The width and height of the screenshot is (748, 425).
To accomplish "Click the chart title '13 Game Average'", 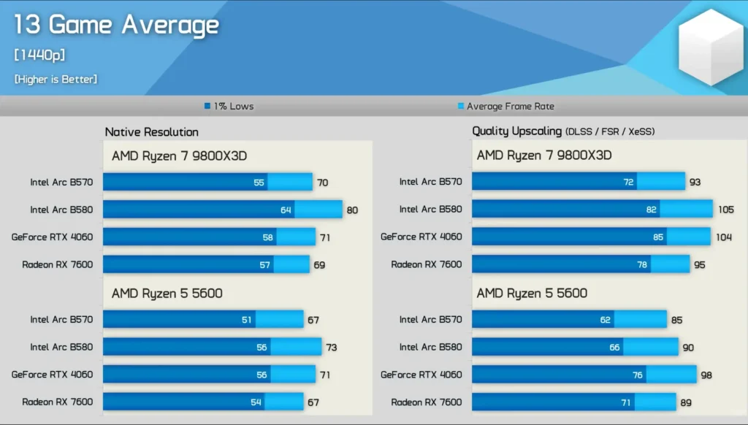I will pos(116,26).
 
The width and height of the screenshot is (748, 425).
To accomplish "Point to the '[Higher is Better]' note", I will pos(56,79).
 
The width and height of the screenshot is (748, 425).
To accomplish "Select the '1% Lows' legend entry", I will pos(229,106).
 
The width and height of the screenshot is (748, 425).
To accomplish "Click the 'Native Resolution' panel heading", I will pos(151,132).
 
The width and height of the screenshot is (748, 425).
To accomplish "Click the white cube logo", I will pos(710,48).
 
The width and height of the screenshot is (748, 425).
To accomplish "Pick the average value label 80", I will pos(352,210).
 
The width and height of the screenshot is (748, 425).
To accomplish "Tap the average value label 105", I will pos(725,210).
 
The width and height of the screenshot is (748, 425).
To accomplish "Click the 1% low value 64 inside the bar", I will pos(286,210).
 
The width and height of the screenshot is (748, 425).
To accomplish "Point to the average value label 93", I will pos(695,183).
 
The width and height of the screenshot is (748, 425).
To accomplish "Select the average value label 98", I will pos(706,375).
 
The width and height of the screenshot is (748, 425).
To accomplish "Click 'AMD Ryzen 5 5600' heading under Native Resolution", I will pos(167,294).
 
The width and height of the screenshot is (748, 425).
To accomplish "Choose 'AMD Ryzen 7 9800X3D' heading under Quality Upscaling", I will pos(543,156).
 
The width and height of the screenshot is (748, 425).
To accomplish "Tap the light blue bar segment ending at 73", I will pos(295,347).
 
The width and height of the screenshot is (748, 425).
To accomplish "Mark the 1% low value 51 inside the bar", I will pos(247,320).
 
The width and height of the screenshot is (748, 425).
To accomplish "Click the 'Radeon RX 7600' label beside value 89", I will pos(427,402).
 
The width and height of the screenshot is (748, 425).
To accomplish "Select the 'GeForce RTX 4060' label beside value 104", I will pos(421,237).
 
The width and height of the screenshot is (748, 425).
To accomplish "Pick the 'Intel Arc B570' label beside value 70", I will pos(61,182).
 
